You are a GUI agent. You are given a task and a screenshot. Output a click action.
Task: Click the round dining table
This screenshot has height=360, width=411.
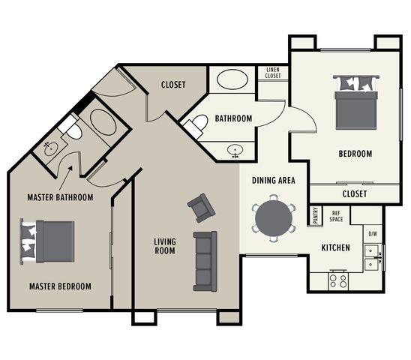click(274, 218)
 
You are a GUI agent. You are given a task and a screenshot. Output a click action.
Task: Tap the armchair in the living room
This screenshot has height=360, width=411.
click(201, 208)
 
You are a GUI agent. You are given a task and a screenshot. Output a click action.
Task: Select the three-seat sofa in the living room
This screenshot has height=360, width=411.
click(205, 261)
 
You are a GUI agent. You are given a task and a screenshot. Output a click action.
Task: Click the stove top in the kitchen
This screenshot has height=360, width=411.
click(338, 280)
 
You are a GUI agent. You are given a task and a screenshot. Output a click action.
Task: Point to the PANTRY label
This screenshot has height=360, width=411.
click(315, 215)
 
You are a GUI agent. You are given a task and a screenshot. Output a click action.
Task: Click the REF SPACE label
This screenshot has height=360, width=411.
click(336, 216)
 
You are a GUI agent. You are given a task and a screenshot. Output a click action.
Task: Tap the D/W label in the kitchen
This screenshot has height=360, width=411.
click(373, 234)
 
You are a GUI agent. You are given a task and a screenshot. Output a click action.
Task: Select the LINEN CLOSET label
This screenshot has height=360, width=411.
click(273, 73)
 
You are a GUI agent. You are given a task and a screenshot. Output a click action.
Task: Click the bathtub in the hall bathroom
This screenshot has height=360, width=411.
click(232, 79)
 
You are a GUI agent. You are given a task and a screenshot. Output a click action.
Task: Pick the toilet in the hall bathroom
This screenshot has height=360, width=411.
click(196, 125)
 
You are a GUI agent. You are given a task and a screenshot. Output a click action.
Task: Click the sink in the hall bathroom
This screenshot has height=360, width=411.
click(235, 151)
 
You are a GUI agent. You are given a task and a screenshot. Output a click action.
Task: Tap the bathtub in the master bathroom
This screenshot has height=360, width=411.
click(103, 122)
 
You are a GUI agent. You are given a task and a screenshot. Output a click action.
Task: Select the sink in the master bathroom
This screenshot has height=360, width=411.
click(50, 149)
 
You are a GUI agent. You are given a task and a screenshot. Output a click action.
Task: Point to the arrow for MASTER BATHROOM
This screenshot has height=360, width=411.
click(65, 178)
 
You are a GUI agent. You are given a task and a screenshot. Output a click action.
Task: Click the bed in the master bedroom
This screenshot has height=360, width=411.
click(47, 241)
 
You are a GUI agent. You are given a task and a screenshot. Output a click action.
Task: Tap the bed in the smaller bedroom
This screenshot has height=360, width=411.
click(356, 102)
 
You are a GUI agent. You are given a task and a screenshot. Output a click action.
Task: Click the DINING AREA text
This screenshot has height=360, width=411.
click(274, 181)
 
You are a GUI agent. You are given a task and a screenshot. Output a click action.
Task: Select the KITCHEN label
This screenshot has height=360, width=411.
click(335, 247)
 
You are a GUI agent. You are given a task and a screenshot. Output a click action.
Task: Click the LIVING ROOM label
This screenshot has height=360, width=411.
click(165, 246)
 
